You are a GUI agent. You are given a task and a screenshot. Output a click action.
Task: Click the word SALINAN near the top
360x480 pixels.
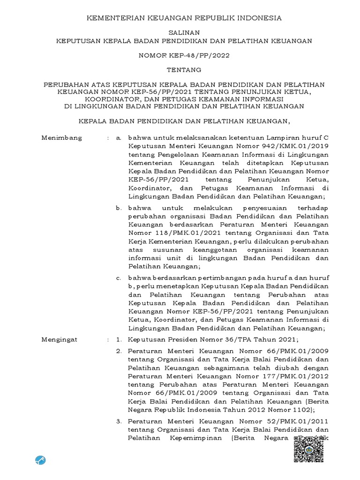coord(180,32)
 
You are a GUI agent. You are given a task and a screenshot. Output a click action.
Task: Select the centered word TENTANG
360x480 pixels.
coord(180,70)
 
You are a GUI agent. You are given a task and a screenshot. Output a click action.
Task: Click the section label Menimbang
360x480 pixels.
coord(62,138)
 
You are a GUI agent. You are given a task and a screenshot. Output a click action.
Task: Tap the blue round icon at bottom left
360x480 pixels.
coord(40,460)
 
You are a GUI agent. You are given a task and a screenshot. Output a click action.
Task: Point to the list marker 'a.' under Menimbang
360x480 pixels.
coord(119,138)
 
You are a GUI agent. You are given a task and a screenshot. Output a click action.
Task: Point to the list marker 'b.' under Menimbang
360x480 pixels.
coord(119,207)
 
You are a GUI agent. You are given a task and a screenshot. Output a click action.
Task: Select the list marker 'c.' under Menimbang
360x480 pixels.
coord(119,278)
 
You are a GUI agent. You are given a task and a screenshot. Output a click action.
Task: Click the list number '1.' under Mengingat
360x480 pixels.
coord(119,339)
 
